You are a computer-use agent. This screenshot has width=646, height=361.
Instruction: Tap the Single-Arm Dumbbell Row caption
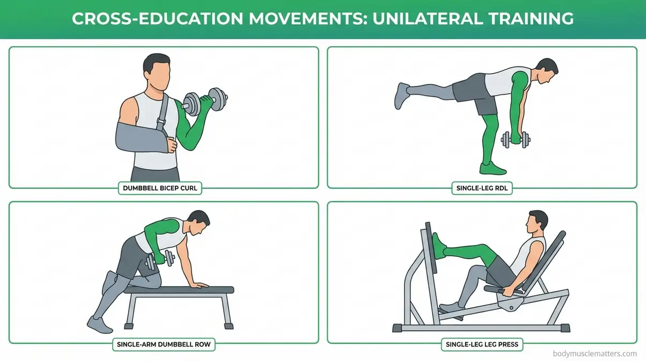coord(163,343)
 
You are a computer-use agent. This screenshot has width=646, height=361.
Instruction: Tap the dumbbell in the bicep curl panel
coord(205,100)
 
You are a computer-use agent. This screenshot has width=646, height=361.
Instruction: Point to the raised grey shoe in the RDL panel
coord(402,95)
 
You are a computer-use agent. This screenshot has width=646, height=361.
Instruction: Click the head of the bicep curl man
coord(156,70)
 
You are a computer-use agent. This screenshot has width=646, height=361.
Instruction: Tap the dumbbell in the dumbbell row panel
coord(160,260)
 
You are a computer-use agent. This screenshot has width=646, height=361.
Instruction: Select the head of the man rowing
coord(199,222)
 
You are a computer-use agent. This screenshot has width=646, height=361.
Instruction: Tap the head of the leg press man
coord(537,222)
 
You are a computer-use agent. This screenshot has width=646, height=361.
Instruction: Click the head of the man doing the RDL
coord(547,70)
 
